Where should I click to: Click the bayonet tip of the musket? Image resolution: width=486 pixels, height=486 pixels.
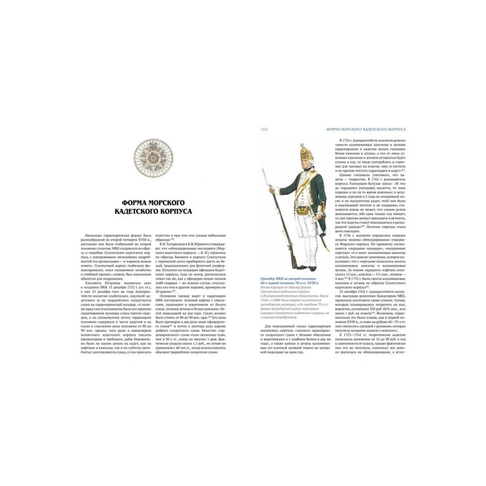point(262,169)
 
